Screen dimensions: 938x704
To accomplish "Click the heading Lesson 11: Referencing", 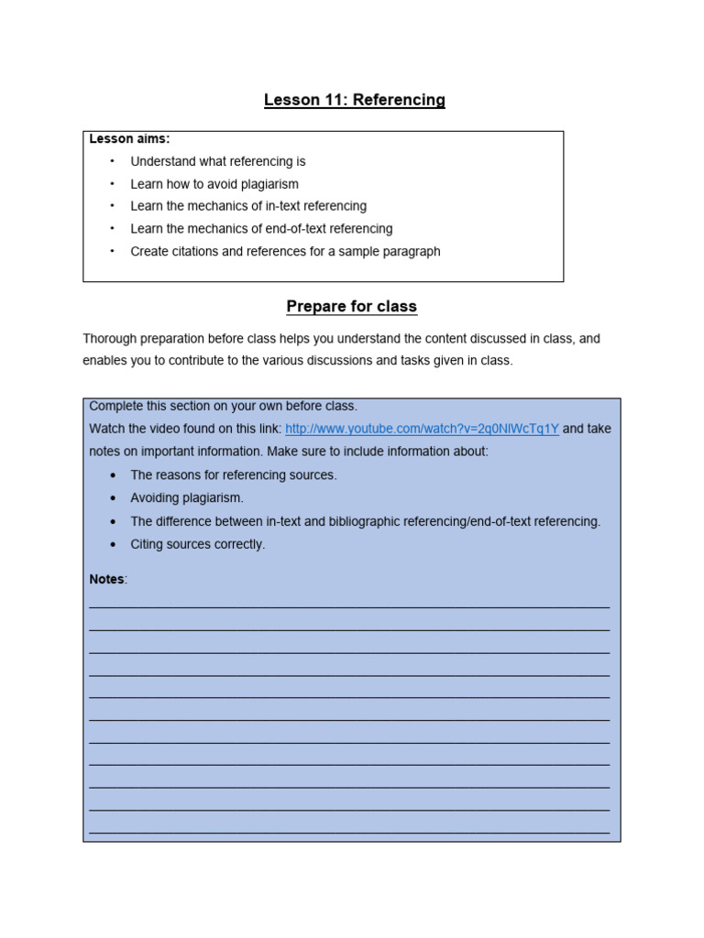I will tap(354, 100).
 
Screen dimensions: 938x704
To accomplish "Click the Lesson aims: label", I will tap(129, 139).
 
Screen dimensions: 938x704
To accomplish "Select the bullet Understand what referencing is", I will tap(218, 161).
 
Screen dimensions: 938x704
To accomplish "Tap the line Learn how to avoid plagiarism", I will tap(214, 184).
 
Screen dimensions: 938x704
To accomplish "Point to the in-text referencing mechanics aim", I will tap(248, 206).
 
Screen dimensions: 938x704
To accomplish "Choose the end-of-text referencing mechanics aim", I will tap(261, 229).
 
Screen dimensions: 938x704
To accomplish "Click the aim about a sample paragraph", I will tap(285, 251).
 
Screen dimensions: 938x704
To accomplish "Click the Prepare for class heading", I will tap(351, 306).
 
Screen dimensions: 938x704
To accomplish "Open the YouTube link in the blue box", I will tap(422, 429).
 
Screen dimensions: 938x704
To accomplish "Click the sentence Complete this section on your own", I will tap(223, 406).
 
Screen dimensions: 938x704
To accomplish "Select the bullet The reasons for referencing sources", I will tap(234, 475).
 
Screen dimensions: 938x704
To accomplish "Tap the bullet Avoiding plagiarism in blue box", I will tap(187, 498).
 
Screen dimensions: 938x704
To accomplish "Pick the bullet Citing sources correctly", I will tap(197, 544).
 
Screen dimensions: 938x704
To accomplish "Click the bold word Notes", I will tap(106, 580).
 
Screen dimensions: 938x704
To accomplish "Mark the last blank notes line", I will tap(349, 832).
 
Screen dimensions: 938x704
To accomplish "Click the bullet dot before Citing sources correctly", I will tap(113, 544).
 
